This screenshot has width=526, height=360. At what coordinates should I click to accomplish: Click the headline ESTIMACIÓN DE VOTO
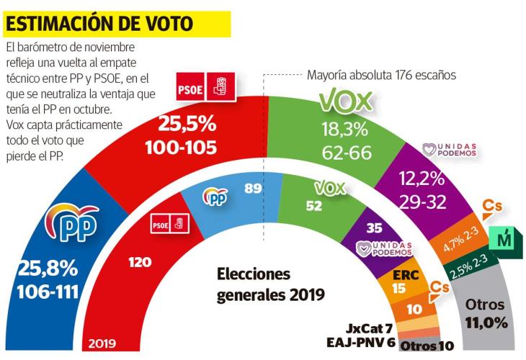(x=99, y=24)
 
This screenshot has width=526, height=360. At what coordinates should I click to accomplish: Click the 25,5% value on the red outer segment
(x=188, y=125)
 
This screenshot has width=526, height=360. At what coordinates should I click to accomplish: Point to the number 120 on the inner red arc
(x=140, y=264)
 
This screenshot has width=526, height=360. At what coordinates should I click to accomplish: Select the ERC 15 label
(x=406, y=280)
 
